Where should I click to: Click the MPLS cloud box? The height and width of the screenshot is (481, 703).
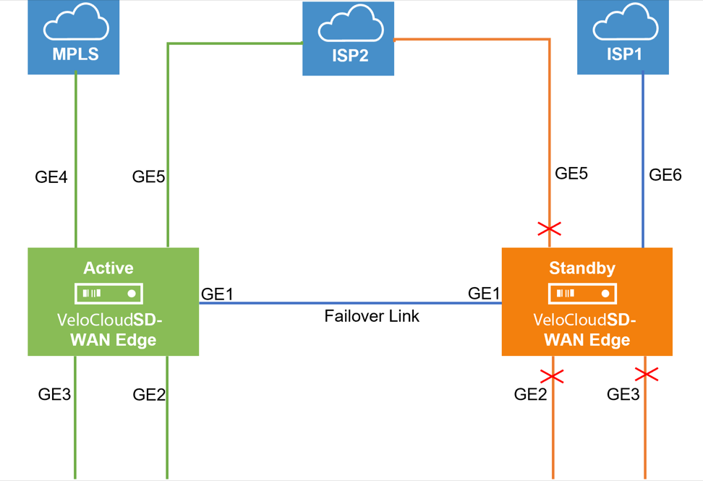(x=74, y=38)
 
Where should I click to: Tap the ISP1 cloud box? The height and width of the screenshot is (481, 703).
(x=623, y=38)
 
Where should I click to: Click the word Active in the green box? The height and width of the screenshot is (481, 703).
(x=108, y=268)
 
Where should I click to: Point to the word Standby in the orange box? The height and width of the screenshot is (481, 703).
(x=582, y=268)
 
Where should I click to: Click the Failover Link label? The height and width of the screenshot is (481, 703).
(x=372, y=316)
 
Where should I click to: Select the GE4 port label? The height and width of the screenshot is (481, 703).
(x=51, y=176)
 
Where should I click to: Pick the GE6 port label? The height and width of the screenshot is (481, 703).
(x=665, y=174)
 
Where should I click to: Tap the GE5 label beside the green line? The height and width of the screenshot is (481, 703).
(x=148, y=176)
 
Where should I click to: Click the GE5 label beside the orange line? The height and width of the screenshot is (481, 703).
(x=571, y=174)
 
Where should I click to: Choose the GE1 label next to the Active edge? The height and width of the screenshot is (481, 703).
(x=217, y=294)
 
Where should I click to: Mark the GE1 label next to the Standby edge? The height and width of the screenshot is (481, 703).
(x=484, y=293)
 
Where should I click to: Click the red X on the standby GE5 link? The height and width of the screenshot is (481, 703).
(x=550, y=229)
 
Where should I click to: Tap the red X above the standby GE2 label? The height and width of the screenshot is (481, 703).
(x=552, y=376)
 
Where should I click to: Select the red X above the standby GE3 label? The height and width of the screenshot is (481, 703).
(x=646, y=374)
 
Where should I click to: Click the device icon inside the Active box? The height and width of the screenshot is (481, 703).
(x=108, y=294)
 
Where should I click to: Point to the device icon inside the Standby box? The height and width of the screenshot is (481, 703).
(x=582, y=294)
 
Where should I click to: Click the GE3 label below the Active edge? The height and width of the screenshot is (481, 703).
(x=54, y=394)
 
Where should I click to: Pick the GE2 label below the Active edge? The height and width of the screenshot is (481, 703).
(x=149, y=394)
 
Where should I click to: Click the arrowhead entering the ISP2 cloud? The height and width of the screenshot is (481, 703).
(x=299, y=43)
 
